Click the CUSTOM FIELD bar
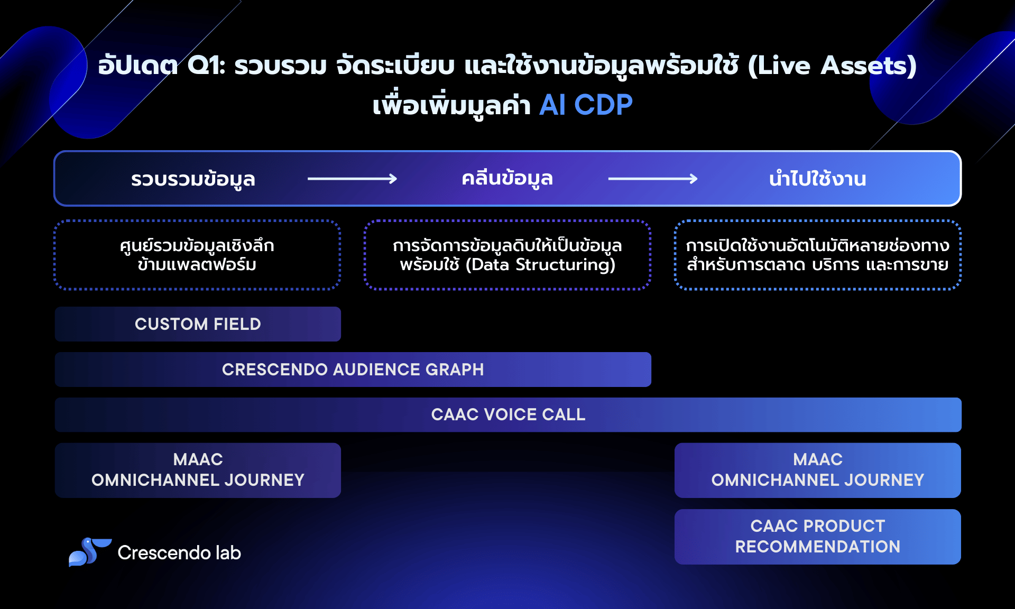point(198,324)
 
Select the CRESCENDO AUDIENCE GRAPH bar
point(353,370)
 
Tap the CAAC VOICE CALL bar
point(508,415)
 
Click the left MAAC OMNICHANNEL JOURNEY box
point(198,470)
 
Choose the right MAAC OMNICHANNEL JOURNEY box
point(818,470)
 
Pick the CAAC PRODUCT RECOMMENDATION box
point(818,537)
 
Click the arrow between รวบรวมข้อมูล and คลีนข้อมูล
point(353,179)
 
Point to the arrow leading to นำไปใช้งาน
point(653,179)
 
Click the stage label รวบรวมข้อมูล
point(193,179)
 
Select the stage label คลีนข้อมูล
point(508,178)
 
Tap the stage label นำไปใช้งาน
point(818,179)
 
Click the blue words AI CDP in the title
point(586,105)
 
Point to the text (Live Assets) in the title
point(832,66)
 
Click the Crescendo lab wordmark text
point(179,552)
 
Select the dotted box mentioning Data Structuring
point(508,255)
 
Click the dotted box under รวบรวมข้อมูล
point(197,255)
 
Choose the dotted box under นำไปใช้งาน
point(818,255)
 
